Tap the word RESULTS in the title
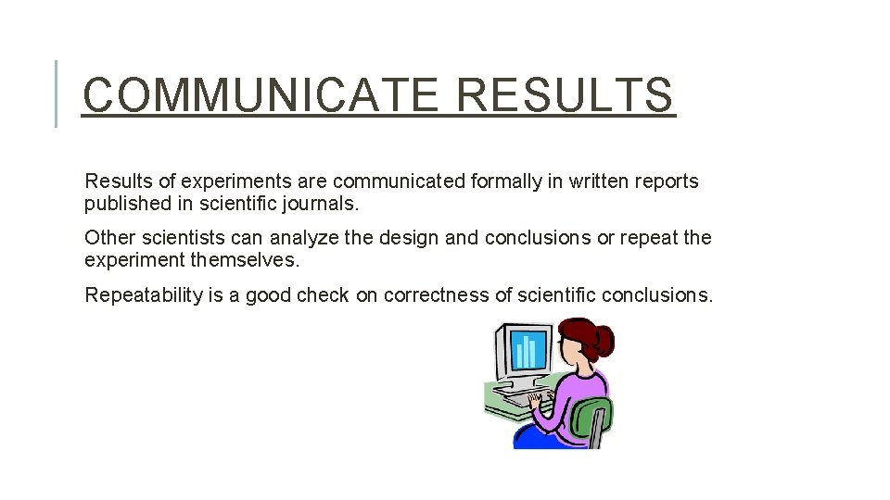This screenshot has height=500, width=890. click(566, 94)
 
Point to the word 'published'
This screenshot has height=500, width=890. click(126, 204)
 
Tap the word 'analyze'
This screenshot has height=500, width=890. click(304, 238)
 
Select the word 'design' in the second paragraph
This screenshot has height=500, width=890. click(409, 238)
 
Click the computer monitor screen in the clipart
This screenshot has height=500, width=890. click(525, 351)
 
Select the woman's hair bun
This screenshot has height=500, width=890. click(603, 341)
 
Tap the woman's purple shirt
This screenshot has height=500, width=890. click(579, 389)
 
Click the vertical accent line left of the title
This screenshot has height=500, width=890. click(57, 93)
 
